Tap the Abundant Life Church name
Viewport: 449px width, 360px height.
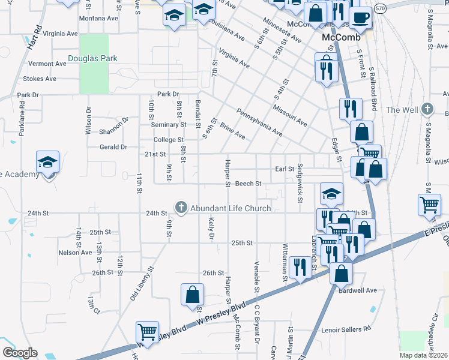pos(231,208)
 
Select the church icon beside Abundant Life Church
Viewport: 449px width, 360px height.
pos(181,208)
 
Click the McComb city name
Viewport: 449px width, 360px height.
pos(341,37)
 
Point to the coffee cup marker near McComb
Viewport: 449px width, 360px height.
pos(361,17)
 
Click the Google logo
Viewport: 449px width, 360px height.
pos(20,353)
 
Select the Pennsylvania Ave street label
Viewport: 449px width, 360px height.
pos(259,122)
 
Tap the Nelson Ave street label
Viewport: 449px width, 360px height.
pos(75,253)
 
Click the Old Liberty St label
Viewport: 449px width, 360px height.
pos(142,284)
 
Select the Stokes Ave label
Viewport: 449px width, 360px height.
pos(39,79)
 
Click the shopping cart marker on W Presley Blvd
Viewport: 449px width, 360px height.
pos(148,331)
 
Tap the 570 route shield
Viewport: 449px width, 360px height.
pos(379,9)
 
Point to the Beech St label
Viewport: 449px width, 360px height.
pos(248,184)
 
